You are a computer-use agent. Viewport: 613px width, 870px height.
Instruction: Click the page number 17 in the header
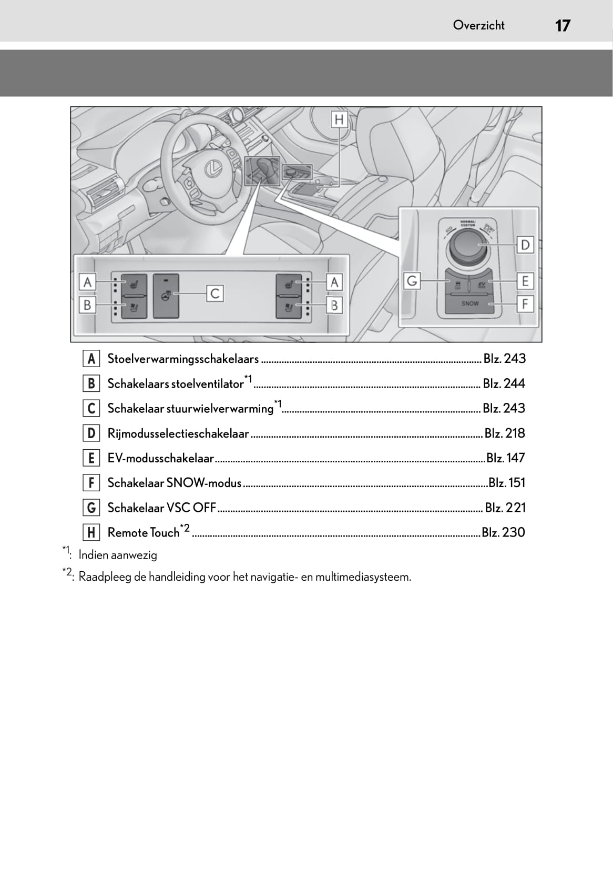click(562, 25)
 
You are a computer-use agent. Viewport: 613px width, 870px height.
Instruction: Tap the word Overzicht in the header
click(478, 25)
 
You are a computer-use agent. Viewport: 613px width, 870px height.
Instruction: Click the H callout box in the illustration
click(339, 119)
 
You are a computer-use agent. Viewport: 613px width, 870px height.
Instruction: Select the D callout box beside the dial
click(525, 245)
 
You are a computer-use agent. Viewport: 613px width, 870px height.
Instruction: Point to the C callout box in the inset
click(214, 293)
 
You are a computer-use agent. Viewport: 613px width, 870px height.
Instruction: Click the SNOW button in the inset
click(469, 304)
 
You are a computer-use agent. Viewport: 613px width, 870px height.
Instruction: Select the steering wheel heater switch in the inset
click(166, 296)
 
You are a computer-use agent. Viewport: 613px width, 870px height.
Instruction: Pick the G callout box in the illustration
click(412, 281)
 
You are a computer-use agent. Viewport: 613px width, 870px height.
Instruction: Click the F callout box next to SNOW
click(525, 304)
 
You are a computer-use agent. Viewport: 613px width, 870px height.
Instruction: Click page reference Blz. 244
click(504, 383)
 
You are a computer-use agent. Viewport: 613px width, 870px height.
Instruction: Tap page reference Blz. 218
click(505, 433)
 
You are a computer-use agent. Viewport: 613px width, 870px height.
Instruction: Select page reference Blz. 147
click(505, 458)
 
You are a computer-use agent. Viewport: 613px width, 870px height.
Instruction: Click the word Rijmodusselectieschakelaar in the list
click(178, 433)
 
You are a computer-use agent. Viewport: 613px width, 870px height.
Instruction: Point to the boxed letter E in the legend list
click(91, 458)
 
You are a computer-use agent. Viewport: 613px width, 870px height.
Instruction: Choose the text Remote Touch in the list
click(143, 533)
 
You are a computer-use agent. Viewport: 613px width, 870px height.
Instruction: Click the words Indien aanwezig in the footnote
click(118, 555)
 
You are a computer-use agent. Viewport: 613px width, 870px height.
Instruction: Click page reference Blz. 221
click(505, 508)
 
